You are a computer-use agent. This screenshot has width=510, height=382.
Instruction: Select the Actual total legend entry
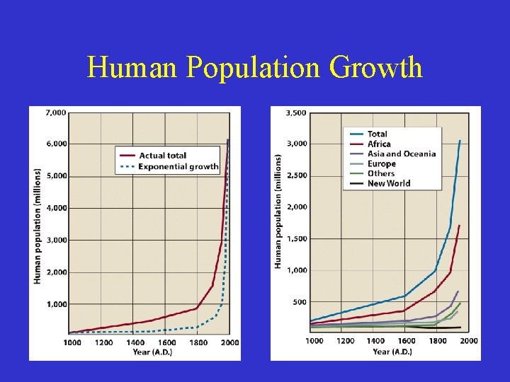pos(162,156)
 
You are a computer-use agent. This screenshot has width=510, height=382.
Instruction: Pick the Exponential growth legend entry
pos(178,167)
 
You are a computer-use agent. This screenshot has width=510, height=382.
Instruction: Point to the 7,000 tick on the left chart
pos(56,112)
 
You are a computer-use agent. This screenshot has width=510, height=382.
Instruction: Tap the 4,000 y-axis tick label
pos(56,208)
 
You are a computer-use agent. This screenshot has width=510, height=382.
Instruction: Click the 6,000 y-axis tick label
pos(56,144)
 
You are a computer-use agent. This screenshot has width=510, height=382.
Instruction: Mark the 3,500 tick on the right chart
pos(296,112)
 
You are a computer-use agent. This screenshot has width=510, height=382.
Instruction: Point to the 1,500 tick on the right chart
pos(296,239)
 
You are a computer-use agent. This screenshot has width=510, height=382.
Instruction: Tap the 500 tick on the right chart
pos(299,302)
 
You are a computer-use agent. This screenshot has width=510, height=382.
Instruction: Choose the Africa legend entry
pos(379,144)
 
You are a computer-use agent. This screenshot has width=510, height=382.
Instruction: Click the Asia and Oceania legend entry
pos(401,154)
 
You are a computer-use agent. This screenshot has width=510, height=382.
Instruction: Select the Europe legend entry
pos(381,163)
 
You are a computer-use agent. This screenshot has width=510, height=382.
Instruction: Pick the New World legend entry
pos(388,183)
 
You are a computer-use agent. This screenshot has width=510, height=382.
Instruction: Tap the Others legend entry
pos(381,173)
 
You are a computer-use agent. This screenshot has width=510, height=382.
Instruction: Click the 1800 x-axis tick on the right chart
pos(438,341)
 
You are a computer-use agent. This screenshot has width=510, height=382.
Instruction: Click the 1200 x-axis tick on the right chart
pos(345,341)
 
